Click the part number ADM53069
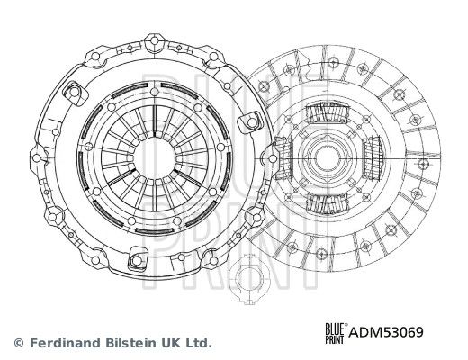click(x=386, y=332)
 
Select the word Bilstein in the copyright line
click(x=130, y=343)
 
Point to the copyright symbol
click(x=19, y=343)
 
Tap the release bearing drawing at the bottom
click(x=247, y=279)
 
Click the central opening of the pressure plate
click(x=155, y=158)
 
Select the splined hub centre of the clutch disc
click(x=328, y=157)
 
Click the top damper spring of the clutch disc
click(x=328, y=112)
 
